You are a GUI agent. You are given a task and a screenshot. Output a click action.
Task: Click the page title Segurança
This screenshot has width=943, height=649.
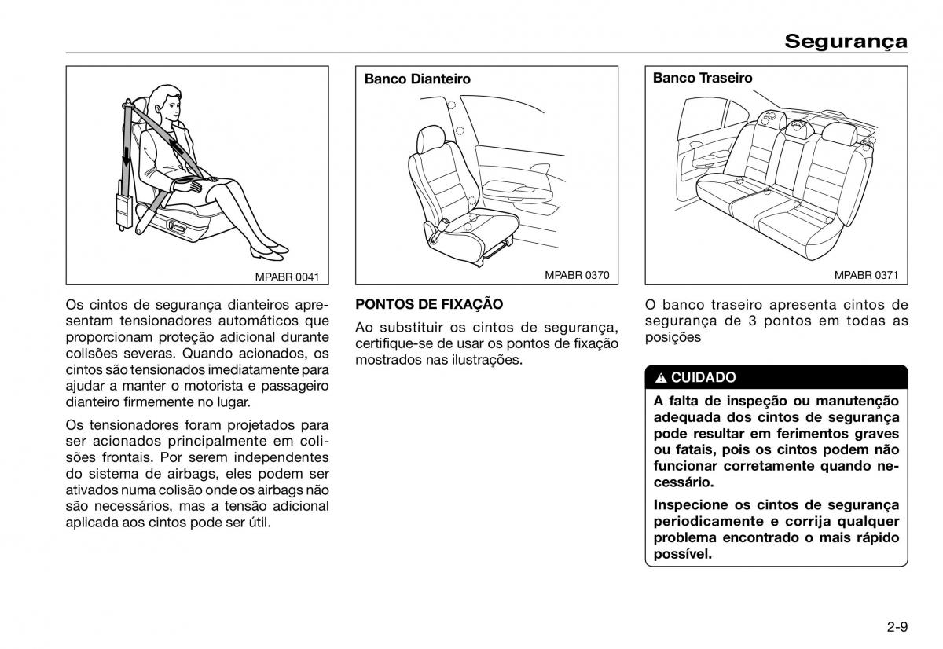pyautogui.click(x=846, y=41)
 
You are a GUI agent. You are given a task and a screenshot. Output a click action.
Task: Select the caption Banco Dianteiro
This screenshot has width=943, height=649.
pyautogui.click(x=417, y=79)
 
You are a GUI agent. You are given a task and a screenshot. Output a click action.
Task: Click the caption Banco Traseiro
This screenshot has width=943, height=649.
pyautogui.click(x=703, y=78)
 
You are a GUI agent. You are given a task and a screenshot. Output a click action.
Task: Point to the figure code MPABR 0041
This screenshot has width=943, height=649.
pyautogui.click(x=287, y=276)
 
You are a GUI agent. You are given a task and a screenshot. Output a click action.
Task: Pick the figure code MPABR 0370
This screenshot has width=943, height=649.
pyautogui.click(x=577, y=276)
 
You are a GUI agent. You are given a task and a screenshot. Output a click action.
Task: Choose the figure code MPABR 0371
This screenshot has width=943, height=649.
pyautogui.click(x=866, y=276)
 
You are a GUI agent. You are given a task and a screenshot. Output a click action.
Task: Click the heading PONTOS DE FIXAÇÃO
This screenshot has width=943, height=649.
pyautogui.click(x=429, y=304)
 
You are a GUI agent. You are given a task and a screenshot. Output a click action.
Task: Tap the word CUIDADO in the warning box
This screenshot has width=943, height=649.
pyautogui.click(x=703, y=377)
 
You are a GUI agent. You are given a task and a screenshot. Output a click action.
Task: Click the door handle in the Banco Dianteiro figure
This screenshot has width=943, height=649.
pyautogui.click(x=541, y=170)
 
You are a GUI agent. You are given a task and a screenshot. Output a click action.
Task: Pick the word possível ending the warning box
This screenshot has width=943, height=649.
pyautogui.click(x=682, y=554)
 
